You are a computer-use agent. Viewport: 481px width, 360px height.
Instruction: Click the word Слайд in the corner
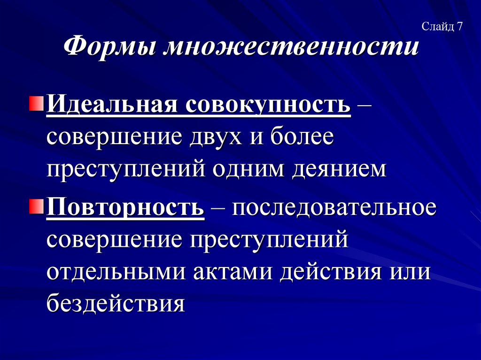(436, 27)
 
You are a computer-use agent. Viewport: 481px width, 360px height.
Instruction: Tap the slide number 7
(459, 27)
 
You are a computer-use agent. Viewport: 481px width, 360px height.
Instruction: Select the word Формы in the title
(109, 48)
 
